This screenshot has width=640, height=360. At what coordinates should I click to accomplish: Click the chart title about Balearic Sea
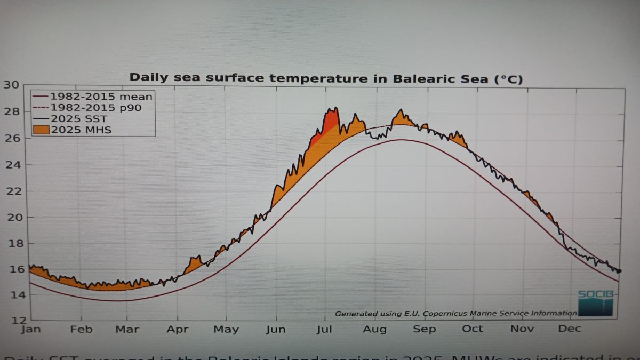coord(326,78)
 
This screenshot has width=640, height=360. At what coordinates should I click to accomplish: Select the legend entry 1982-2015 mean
coord(101,97)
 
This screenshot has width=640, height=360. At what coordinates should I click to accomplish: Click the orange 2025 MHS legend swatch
coord(41,129)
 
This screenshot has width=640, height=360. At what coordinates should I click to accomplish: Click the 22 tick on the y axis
coord(11,191)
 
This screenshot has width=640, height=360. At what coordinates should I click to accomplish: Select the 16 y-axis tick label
coord(11,269)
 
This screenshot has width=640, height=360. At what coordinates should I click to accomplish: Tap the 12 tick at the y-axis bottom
coord(11,320)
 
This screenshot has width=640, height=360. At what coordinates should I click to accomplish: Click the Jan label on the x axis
coord(30,329)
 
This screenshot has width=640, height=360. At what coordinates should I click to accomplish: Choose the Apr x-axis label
coord(177,329)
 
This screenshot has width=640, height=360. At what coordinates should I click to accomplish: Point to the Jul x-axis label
coord(325,329)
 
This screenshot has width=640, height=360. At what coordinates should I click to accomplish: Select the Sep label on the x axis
coord(424,329)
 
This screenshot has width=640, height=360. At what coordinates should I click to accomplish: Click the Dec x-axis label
coord(569,329)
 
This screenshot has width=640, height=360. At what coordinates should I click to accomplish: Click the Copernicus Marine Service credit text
coord(455,314)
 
